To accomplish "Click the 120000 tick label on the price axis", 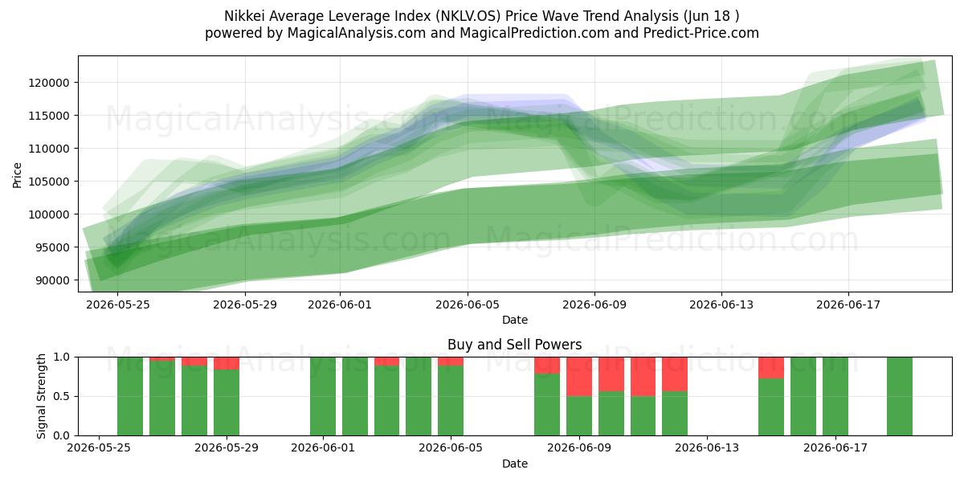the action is click(49, 83).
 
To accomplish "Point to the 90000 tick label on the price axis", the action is click(52, 280).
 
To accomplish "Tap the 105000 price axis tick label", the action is click(49, 182).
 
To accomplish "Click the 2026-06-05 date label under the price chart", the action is click(468, 304).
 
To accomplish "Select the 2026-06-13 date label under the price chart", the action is click(721, 304).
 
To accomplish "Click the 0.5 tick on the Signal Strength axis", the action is click(61, 396).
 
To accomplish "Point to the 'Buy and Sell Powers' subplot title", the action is click(515, 345).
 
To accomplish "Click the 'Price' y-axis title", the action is click(17, 175).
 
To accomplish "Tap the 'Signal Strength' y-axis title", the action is click(41, 396).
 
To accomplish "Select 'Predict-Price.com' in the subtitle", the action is click(701, 33).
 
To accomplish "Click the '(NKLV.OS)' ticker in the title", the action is click(468, 16).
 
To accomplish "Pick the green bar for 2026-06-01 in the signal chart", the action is click(323, 396).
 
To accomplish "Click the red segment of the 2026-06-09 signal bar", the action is click(579, 377).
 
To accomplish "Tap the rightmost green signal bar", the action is click(900, 396).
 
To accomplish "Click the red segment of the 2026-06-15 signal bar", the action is click(771, 368).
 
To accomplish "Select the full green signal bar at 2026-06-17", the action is click(835, 396).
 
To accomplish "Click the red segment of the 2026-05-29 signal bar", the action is click(227, 363).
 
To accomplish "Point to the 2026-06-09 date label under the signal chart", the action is click(579, 448).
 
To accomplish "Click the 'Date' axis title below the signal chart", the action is click(515, 464).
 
